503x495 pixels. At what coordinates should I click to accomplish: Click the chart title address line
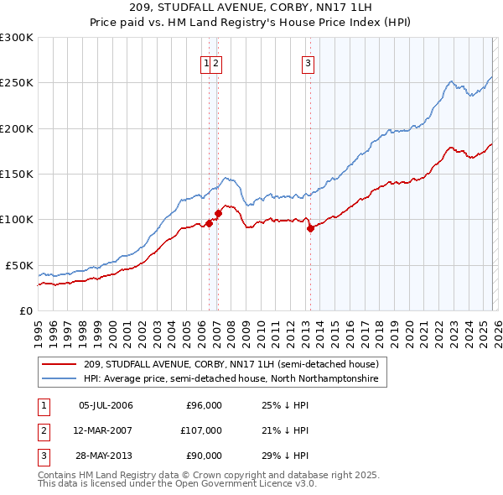[251, 7]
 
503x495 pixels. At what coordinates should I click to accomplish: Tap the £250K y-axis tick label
[17, 83]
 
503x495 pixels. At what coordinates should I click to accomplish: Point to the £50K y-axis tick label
[19, 265]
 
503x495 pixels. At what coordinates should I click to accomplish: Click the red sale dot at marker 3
[310, 228]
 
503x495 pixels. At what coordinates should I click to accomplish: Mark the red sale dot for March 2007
[218, 213]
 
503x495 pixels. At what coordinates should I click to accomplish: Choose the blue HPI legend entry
[231, 379]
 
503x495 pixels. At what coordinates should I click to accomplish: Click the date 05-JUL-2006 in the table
[106, 405]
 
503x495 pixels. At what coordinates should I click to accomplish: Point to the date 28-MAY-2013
[106, 456]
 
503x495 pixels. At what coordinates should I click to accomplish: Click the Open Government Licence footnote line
[177, 484]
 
